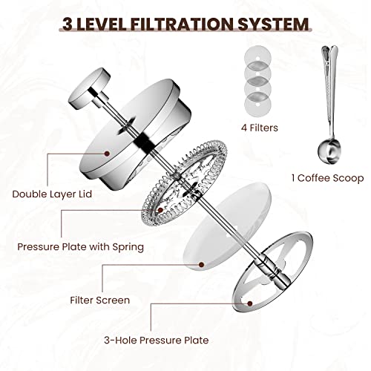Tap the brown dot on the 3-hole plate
(x=249, y=303)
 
